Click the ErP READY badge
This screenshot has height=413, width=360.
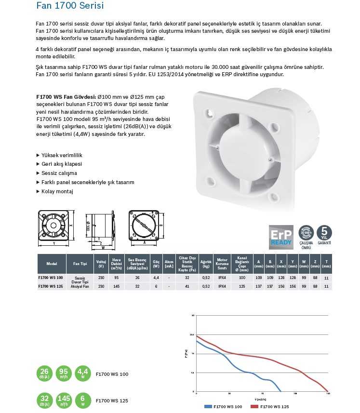281,236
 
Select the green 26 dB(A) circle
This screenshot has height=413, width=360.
44,373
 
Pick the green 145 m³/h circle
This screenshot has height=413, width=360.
64,400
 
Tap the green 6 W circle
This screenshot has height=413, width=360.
83,400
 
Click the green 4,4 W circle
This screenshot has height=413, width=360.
83,373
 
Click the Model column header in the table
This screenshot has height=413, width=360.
52,264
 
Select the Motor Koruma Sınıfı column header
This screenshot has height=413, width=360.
222,264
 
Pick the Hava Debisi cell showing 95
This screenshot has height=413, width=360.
116,278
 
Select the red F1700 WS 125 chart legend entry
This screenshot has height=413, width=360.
270,407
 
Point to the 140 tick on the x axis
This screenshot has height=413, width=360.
328,394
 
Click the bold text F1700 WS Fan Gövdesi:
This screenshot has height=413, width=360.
66,96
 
